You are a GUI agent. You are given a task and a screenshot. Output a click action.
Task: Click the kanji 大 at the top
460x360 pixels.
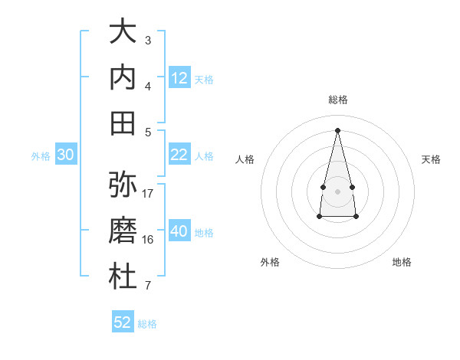tap(123, 31)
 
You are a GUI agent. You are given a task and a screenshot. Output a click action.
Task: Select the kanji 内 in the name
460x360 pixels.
tap(123, 77)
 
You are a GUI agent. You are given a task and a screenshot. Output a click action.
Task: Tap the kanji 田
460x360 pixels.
tap(123, 123)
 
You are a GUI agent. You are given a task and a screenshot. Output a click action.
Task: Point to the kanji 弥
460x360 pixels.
tap(123, 184)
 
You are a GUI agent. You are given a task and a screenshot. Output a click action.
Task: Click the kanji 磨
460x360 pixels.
tap(123, 230)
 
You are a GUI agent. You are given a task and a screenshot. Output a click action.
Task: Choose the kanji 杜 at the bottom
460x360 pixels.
tap(123, 276)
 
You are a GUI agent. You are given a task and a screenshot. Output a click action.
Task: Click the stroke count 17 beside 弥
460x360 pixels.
tap(147, 194)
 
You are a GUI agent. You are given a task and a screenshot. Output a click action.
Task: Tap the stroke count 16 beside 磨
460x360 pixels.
tap(147, 240)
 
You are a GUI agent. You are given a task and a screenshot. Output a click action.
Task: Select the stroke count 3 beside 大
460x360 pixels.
tap(148, 41)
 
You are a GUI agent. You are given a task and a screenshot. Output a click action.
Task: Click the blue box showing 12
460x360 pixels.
tap(179, 77)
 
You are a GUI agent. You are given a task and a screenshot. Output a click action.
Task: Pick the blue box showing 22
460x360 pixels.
tap(179, 154)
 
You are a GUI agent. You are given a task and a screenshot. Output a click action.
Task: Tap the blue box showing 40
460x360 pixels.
tap(179, 230)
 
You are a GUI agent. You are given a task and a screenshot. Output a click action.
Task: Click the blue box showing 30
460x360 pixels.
tap(66, 154)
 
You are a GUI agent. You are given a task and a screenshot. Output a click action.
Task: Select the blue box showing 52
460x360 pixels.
tap(123, 321)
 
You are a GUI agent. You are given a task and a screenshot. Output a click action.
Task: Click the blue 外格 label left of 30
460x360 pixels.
tap(41, 156)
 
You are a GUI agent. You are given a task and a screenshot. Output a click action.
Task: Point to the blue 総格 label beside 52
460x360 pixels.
tap(147, 324)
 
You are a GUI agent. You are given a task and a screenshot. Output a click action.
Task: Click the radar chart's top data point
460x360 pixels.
tap(337, 130)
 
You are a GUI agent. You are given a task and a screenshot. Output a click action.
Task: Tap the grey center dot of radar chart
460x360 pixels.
tap(337, 191)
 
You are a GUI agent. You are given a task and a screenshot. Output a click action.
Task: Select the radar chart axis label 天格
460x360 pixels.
tap(431, 159)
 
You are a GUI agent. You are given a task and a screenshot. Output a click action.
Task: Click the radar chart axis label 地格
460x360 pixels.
tap(402, 262)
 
